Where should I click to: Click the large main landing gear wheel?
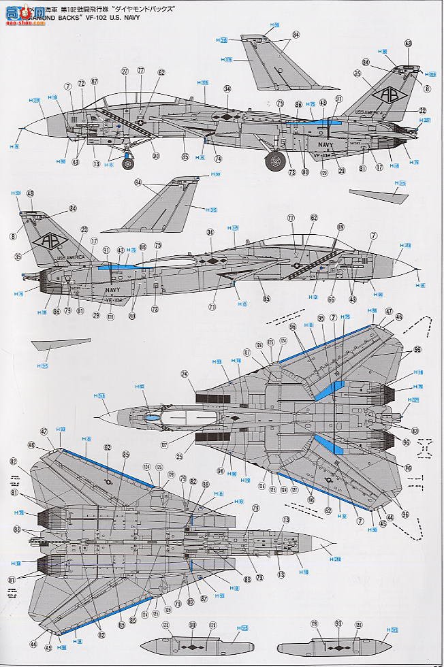click(x=275, y=161)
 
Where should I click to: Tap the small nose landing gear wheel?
click(x=127, y=163)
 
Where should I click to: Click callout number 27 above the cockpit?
click(x=125, y=71)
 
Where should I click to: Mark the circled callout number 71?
click(x=212, y=307)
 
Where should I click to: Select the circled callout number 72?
click(x=81, y=83)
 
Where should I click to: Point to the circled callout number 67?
click(x=94, y=82)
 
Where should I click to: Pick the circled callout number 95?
click(x=321, y=318)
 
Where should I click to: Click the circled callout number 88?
click(x=205, y=484)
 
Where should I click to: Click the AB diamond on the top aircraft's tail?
click(x=386, y=95)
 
